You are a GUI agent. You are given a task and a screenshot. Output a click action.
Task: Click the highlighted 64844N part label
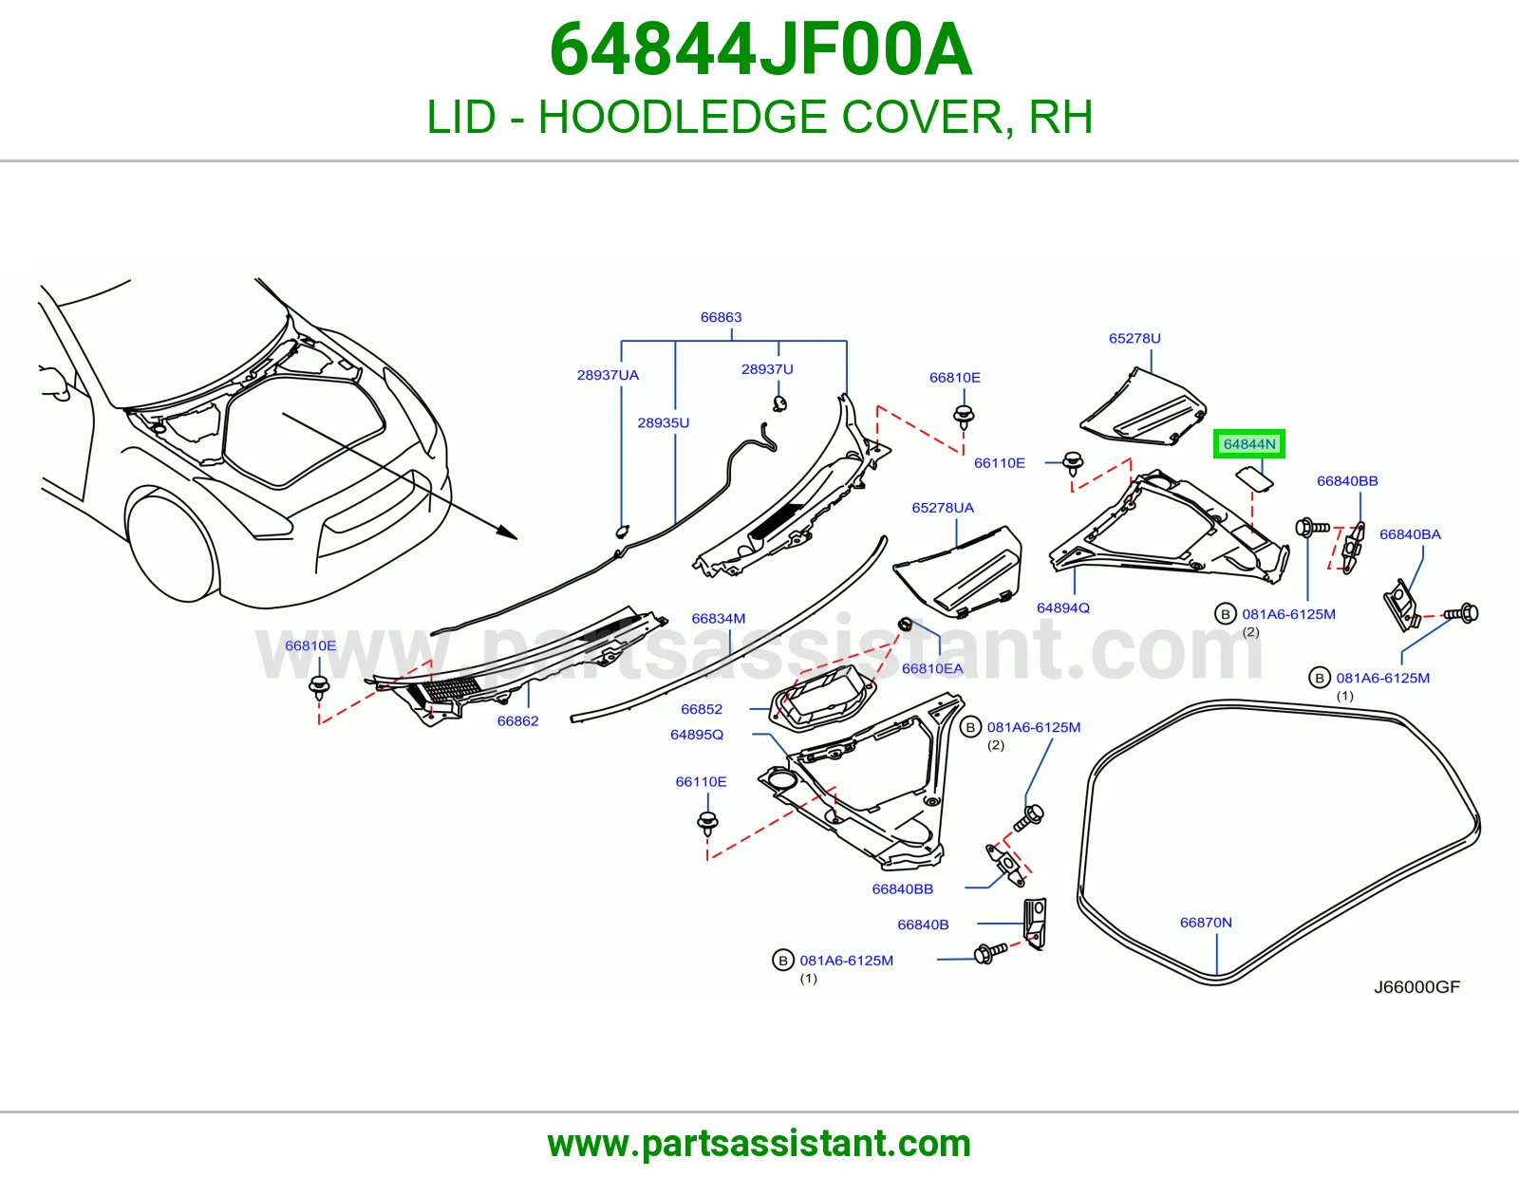pos(1248,444)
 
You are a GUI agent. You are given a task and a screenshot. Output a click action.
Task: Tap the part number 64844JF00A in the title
pos(759,50)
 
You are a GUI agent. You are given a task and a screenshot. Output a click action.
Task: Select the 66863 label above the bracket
pos(721,317)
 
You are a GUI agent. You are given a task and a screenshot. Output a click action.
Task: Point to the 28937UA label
pos(608,375)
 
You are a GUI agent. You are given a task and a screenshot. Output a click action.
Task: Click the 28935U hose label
pos(663,422)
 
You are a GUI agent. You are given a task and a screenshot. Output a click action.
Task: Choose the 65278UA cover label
pos(943,508)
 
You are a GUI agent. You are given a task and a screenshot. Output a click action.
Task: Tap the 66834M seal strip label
pos(718,619)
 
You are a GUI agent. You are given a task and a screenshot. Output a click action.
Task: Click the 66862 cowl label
pos(517,721)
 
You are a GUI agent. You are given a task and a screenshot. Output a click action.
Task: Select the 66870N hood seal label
pos(1206,923)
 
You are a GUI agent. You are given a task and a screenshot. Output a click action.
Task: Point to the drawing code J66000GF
pos(1416,987)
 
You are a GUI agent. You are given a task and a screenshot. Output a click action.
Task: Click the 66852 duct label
pos(702,709)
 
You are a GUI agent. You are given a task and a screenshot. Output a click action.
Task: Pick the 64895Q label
pos(696,735)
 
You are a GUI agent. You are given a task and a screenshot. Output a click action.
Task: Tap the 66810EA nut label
pos(932,669)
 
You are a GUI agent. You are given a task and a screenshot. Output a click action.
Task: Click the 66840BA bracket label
pos(1410,534)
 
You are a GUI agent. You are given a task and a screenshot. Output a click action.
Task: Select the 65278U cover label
pos(1135,338)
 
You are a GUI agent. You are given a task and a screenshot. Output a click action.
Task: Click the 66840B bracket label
pos(923,925)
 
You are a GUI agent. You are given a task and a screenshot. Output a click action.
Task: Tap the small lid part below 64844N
pos(1254,479)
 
